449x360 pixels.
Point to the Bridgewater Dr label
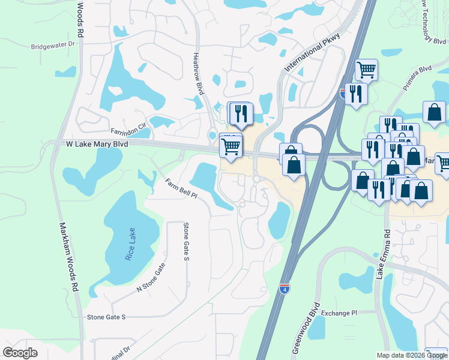tap(55, 45)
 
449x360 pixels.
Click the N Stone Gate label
tap(150, 279)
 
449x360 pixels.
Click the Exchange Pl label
tap(339, 313)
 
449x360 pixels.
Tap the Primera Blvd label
tap(417, 77)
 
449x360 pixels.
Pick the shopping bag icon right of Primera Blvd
tap(434, 112)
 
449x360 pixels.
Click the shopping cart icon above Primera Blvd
tap(366, 70)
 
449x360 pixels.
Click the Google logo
tap(20, 353)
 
